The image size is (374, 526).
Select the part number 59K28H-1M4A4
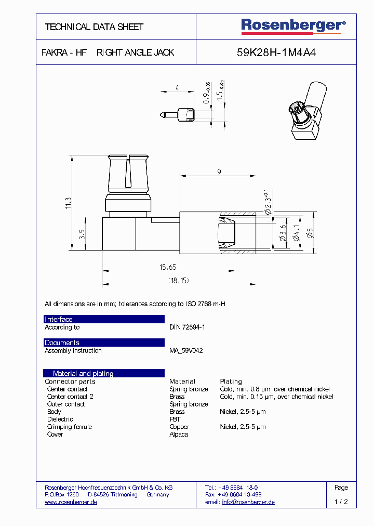click(x=276, y=52)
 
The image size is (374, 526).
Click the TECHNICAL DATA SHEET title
click(x=94, y=27)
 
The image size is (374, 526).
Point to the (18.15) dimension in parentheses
click(x=178, y=281)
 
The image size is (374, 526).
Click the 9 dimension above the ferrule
click(x=219, y=172)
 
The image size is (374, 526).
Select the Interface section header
click(x=59, y=319)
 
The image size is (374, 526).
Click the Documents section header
click(x=62, y=343)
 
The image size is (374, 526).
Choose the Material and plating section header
click(x=83, y=373)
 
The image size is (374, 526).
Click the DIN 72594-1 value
click(x=187, y=327)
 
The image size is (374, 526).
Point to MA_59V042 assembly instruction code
click(x=186, y=351)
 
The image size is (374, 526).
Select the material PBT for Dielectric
click(x=175, y=419)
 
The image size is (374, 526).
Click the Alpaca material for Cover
click(x=179, y=434)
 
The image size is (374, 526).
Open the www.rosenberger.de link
click(x=71, y=502)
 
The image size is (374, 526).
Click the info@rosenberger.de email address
click(x=248, y=502)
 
